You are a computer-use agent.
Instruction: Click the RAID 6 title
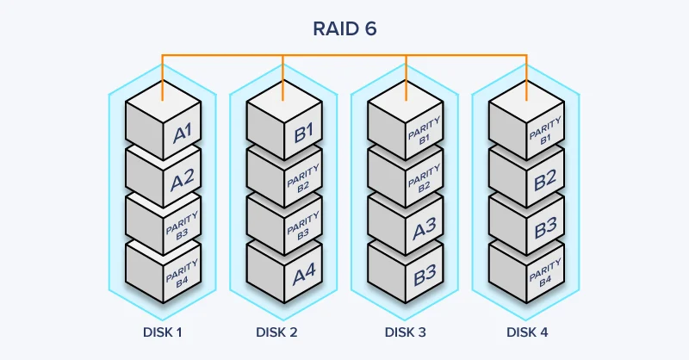click(344, 29)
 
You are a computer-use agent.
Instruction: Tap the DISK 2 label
click(283, 331)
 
